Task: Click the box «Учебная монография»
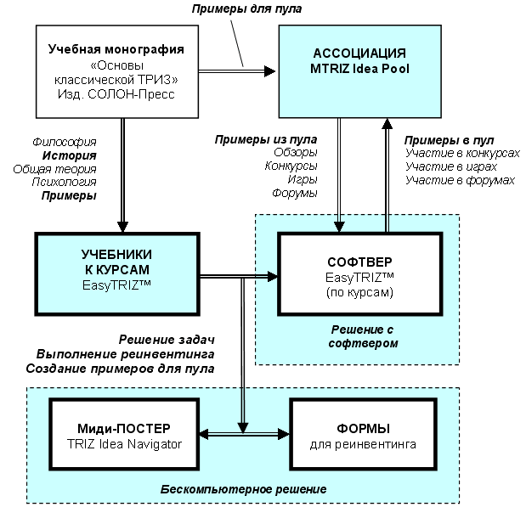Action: tap(117, 71)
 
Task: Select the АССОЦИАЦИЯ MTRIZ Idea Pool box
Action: tap(360, 71)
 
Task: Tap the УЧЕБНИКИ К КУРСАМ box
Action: tap(117, 274)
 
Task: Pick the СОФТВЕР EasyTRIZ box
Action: tap(360, 274)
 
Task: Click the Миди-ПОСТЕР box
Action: tap(124, 434)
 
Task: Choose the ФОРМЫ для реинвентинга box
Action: tap(364, 434)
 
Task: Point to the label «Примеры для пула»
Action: tap(246, 8)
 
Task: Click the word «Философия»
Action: tap(65, 142)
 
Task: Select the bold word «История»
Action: tap(70, 155)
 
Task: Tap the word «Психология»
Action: tap(64, 182)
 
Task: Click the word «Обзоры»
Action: tap(296, 153)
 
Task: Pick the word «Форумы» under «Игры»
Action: tap(295, 193)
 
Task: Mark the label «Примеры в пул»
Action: tap(449, 140)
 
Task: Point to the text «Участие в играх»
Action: tap(451, 166)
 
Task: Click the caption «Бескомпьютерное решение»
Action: tap(243, 489)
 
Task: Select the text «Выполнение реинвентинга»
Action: tap(125, 354)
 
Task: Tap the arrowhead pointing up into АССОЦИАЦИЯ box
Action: tap(387, 124)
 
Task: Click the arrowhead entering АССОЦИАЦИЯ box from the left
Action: tap(270, 71)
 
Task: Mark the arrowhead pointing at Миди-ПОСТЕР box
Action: tap(204, 434)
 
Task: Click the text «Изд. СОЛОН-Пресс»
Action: tap(116, 94)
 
